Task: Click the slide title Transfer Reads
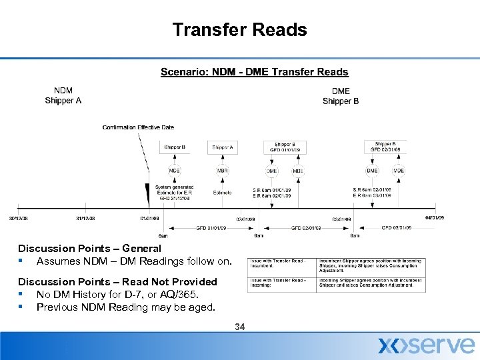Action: pos(239,30)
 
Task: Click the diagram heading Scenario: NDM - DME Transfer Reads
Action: pos(254,72)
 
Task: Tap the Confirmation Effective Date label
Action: pos(138,127)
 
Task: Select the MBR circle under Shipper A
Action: pos(222,171)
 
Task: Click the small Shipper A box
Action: pos(223,147)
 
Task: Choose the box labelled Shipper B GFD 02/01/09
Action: pos(385,147)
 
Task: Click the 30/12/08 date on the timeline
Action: pos(18,217)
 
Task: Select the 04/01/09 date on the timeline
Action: pos(435,217)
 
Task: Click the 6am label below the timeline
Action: pos(163,235)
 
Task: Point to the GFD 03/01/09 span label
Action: pos(396,228)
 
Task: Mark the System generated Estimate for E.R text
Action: pos(174,192)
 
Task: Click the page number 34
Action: pos(240,327)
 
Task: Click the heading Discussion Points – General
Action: pos(89,248)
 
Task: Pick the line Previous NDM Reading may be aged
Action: pos(126,307)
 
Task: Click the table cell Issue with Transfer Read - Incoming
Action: pos(277,283)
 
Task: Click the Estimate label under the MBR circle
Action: pos(222,193)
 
